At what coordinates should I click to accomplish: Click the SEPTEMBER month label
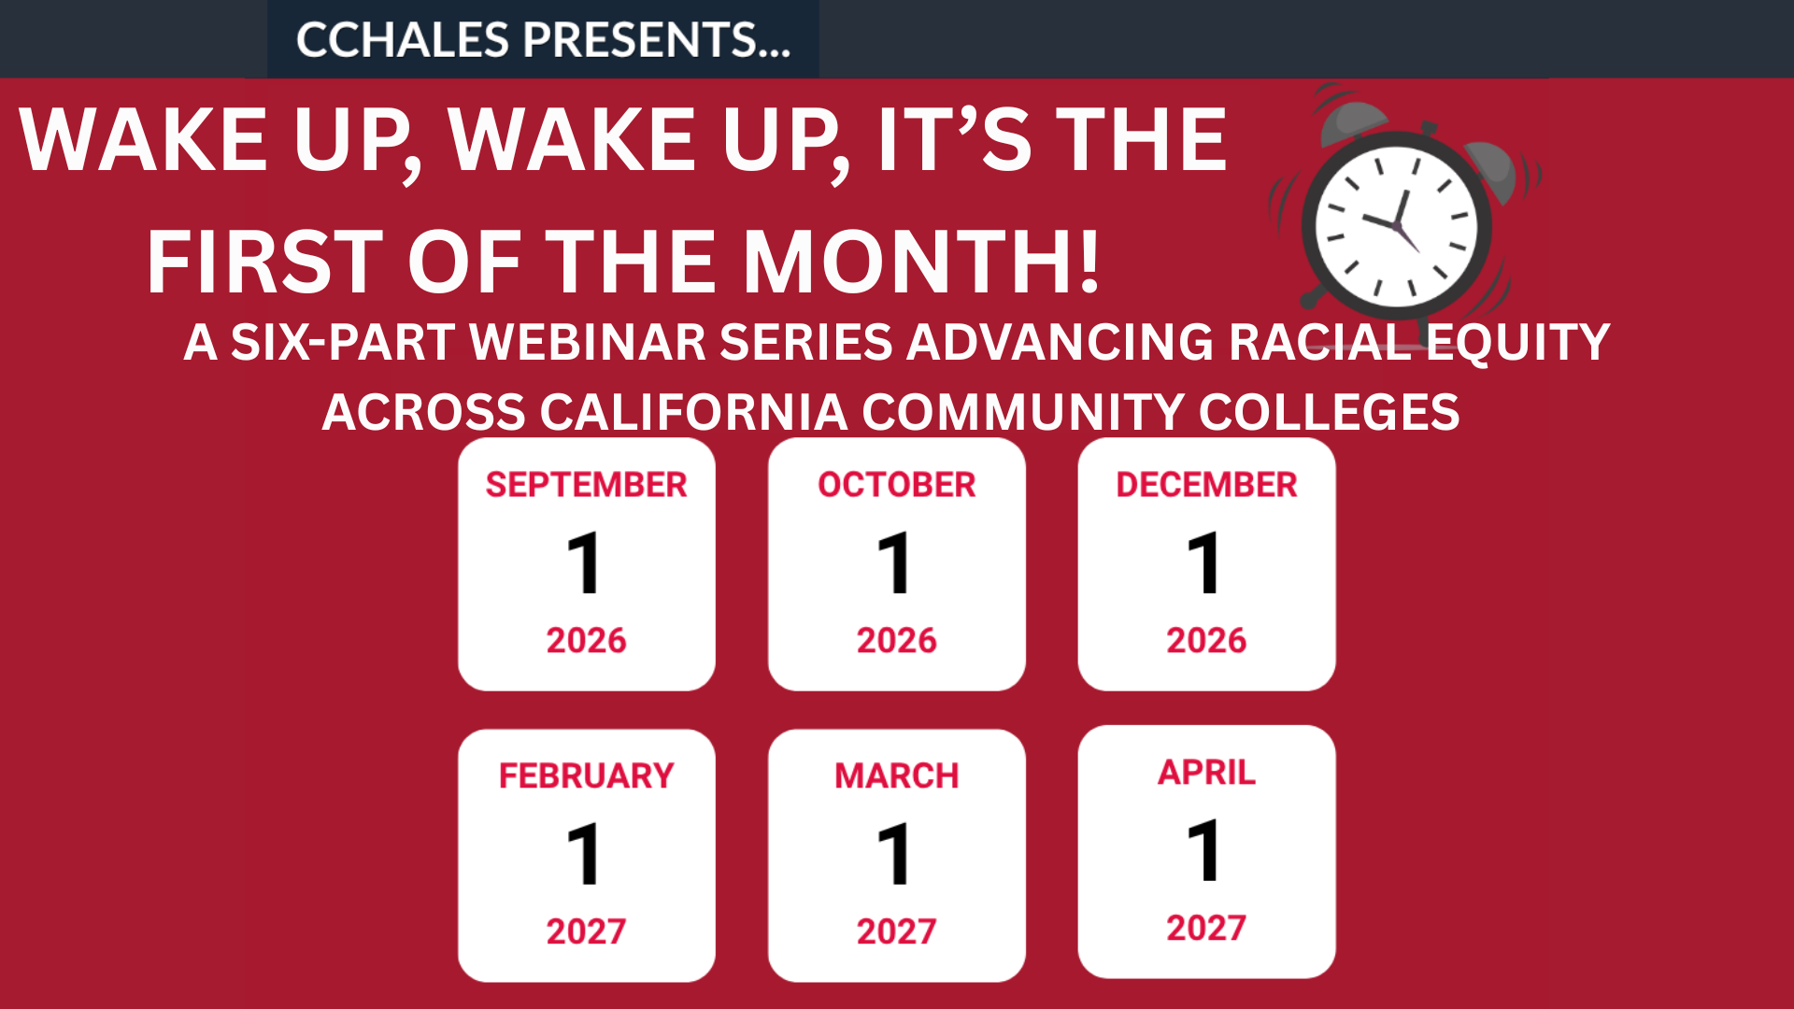coord(587,485)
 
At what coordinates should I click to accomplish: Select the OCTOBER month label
coord(897,485)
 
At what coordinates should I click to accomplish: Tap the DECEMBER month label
coord(1207,485)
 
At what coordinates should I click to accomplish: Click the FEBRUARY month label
coord(587,776)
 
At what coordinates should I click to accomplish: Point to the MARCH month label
coord(897,776)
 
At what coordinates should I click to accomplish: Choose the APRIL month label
coord(1207,773)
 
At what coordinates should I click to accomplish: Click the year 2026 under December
coord(1206,641)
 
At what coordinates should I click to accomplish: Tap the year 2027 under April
coord(1206,929)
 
